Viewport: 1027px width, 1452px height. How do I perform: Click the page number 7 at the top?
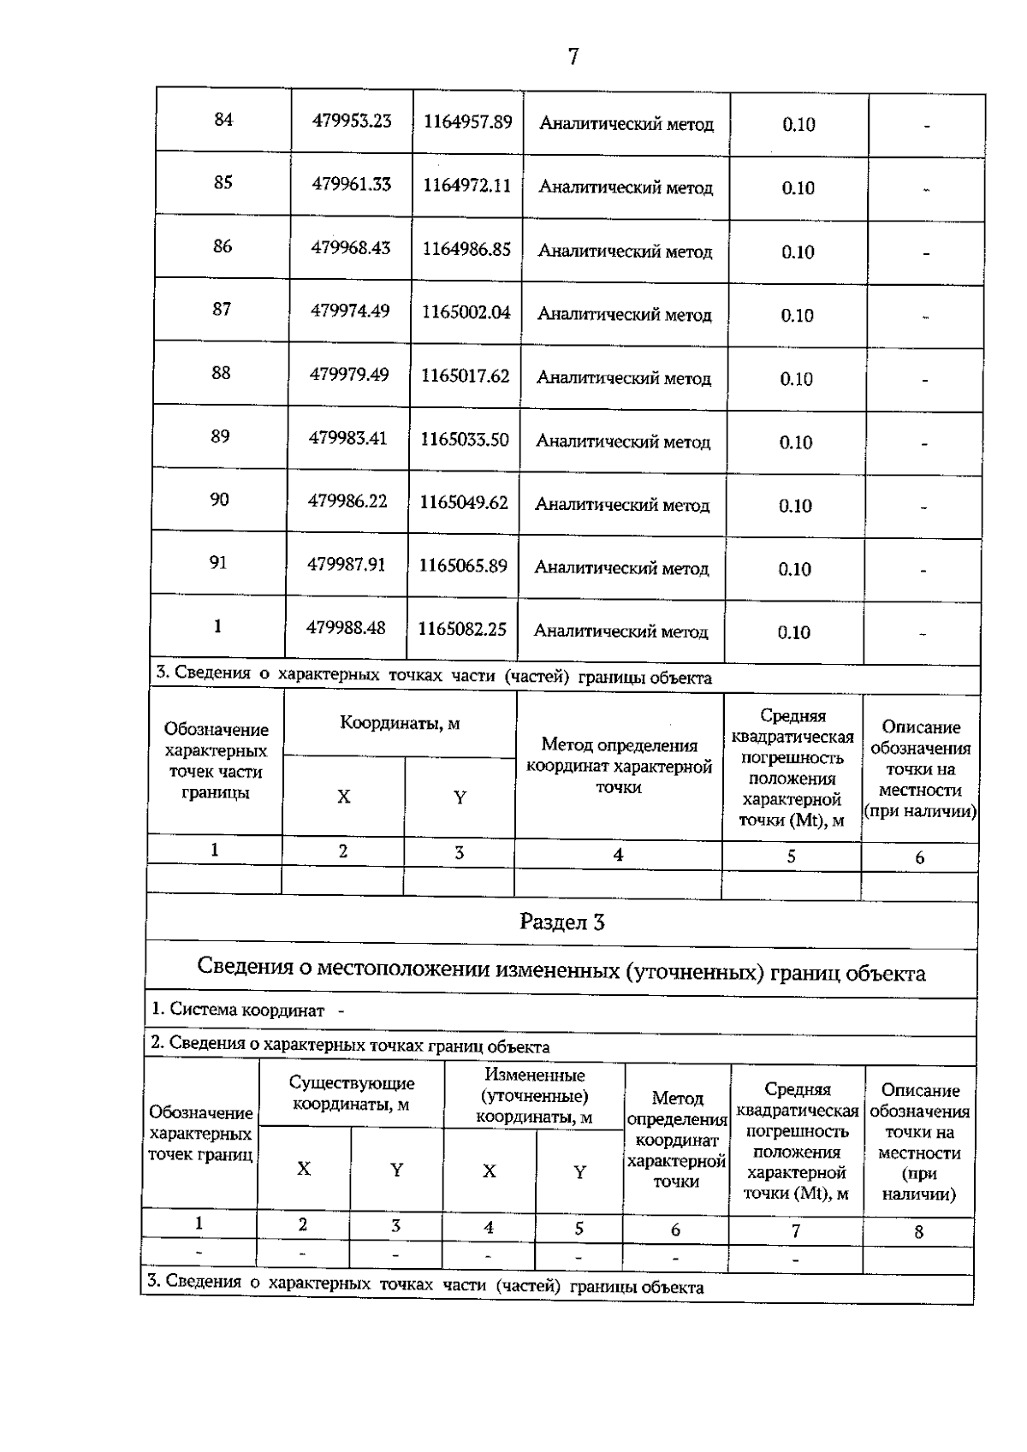point(573,56)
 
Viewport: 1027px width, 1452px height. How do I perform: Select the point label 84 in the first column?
point(223,120)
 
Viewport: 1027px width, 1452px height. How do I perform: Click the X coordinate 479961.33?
point(352,184)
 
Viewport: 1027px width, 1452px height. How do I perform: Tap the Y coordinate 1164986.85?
point(466,249)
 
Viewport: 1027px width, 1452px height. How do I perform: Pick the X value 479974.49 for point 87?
point(350,311)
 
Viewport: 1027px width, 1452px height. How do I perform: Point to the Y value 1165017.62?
point(465,376)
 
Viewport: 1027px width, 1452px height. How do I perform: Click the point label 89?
point(220,436)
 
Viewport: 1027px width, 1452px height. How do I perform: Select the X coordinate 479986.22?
point(347,501)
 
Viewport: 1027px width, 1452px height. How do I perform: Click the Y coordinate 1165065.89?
point(463,566)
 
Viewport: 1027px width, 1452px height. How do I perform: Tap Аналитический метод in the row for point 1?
point(620,631)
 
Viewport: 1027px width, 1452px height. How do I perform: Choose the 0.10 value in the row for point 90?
point(795,506)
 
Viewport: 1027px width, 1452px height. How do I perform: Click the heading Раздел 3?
point(562,922)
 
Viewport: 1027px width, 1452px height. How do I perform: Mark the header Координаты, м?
point(400,723)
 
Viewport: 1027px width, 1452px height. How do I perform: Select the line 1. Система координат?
point(238,1010)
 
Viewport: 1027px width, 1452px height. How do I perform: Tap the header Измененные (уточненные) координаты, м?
point(534,1096)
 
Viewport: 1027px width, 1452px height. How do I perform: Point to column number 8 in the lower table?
point(918,1232)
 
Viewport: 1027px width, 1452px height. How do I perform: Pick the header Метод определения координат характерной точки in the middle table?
point(619,766)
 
